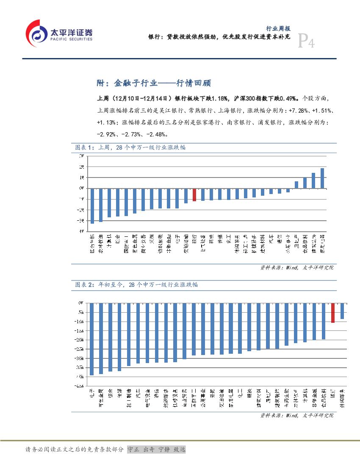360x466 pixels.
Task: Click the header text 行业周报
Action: (x=278, y=28)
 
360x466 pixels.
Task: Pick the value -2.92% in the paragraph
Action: (x=107, y=134)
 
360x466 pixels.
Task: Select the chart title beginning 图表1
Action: (x=130, y=147)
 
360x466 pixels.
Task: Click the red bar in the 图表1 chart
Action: (x=194, y=194)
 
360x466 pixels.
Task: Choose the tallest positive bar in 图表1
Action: (x=322, y=178)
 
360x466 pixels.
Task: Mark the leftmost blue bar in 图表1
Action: (x=92, y=205)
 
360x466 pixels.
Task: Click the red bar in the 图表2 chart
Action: (x=333, y=313)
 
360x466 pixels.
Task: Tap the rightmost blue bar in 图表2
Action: (x=342, y=311)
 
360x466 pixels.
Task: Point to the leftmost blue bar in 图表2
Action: (x=92, y=339)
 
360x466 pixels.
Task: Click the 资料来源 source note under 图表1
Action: (x=296, y=268)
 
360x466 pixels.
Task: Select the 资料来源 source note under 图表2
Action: (x=296, y=416)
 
